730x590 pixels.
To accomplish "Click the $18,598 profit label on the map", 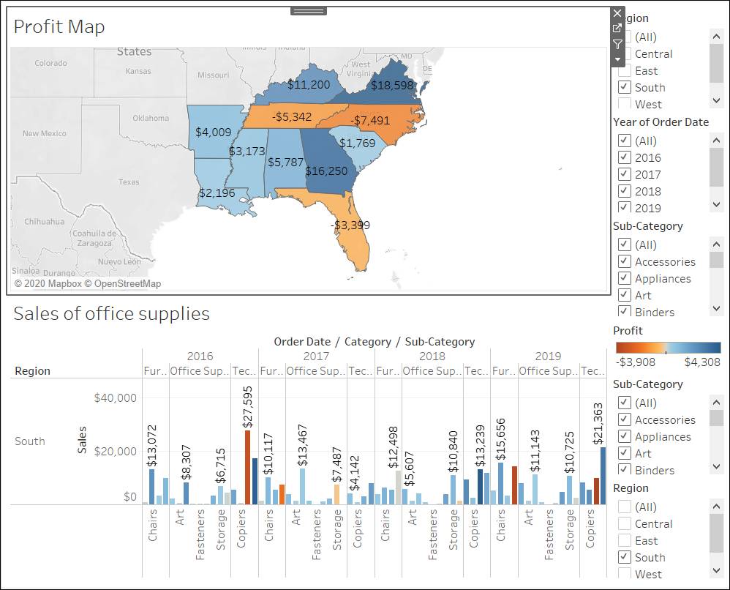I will pos(392,85).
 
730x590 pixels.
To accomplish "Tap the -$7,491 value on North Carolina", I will pos(369,120).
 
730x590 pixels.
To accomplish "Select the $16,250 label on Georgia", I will pos(326,171).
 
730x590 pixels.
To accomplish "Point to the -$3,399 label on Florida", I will pos(349,225).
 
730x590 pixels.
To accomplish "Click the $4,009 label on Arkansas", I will pos(213,132).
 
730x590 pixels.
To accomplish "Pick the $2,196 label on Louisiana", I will pos(217,193).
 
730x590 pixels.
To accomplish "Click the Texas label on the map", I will pos(129,182).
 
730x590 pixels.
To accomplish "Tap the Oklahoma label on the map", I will pos(151,118).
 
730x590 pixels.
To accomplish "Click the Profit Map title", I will pos(59,26).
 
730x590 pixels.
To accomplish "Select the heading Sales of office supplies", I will pos(111,314).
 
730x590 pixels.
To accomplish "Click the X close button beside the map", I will pos(617,13).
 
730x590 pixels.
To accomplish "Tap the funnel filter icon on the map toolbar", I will pos(617,44).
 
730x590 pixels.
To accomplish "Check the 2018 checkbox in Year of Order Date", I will pos(624,191).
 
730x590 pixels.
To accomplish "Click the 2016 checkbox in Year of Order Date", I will pos(624,157).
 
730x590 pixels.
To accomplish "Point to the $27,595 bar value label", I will pos(247,406).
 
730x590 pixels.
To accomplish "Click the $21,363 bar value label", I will pos(598,423).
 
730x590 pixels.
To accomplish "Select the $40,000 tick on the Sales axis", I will pos(115,398).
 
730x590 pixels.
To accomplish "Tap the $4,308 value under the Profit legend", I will pos(702,362).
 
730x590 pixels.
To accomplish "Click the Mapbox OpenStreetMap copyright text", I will pos(88,283).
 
